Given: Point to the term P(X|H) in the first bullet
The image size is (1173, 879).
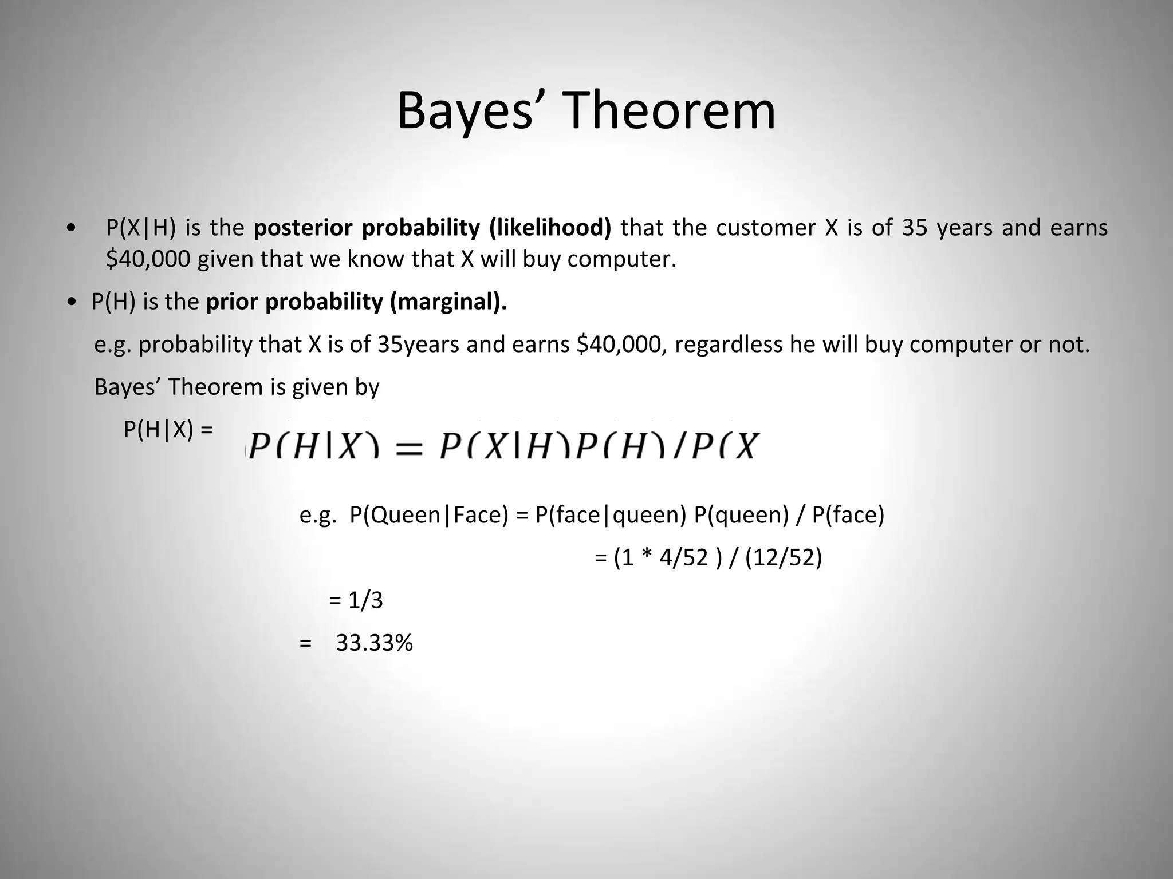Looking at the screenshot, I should tap(140, 228).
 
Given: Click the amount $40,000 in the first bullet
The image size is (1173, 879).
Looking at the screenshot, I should tap(148, 259).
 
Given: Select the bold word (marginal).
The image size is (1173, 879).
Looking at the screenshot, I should tap(448, 302).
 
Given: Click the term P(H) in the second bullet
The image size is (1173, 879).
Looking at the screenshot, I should tap(113, 302).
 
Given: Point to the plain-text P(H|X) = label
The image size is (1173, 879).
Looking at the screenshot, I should tap(168, 429).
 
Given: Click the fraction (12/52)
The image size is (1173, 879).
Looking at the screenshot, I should tap(784, 557).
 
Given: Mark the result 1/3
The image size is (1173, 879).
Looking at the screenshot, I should tap(365, 600).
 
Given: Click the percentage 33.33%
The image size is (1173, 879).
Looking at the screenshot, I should tap(374, 643).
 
